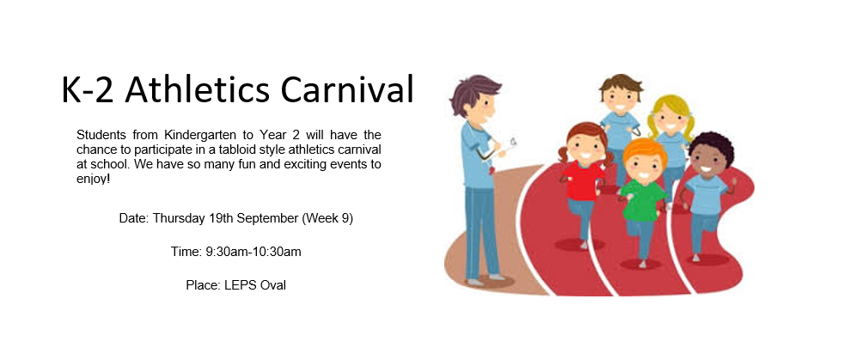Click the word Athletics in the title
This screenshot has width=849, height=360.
coord(197,89)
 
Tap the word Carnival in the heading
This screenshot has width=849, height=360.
coord(347,89)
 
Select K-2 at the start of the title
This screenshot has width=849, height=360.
coord(88,90)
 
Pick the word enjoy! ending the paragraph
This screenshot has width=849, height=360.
coord(93,180)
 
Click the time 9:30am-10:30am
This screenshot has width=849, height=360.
coord(253,252)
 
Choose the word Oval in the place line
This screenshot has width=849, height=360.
coord(273,284)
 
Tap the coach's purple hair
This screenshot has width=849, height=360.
coord(473,91)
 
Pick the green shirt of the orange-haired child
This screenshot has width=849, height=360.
coord(644,200)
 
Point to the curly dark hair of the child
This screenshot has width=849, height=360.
coord(712,147)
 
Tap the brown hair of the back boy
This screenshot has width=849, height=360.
coord(621,84)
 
